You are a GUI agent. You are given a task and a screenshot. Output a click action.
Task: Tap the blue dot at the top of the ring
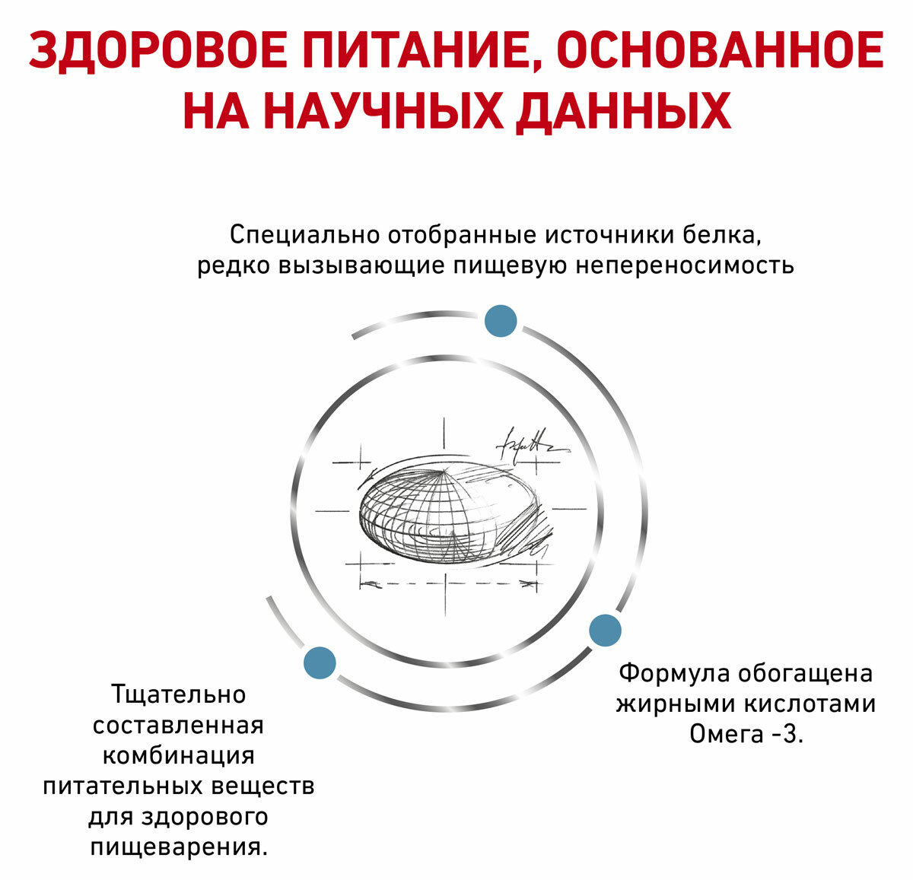501,321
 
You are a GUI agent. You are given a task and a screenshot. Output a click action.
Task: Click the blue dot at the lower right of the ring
606,631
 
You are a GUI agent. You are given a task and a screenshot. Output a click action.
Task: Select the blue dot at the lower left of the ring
320,662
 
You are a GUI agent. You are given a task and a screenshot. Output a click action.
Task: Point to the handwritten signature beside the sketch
530,444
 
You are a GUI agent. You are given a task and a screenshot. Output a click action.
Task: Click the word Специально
304,234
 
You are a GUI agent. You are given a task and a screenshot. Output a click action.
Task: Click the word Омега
726,735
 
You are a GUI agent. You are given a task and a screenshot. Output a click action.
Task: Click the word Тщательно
179,694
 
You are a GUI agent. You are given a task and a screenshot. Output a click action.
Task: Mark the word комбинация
179,756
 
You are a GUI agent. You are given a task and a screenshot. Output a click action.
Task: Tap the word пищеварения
179,847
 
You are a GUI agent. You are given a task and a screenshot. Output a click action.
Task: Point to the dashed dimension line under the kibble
445,583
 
